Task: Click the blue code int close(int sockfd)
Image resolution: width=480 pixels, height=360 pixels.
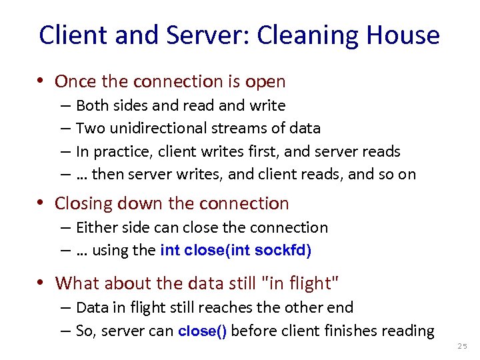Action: (x=235, y=251)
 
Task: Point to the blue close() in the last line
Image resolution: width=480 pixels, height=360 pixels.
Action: (x=203, y=331)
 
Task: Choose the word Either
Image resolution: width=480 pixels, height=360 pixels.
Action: (x=93, y=227)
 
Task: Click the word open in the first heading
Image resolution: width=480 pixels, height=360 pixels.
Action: (x=265, y=82)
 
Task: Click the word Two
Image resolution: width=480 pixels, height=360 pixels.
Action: (x=89, y=128)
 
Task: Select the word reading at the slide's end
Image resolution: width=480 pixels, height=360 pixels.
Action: (x=408, y=331)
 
